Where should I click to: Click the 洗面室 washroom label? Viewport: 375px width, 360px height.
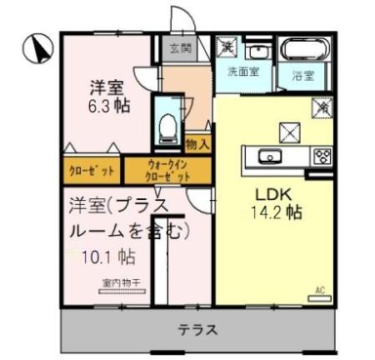(243, 72)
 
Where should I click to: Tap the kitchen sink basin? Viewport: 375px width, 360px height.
(270, 157)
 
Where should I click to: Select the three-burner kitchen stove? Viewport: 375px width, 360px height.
(321, 156)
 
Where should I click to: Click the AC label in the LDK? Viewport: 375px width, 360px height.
(318, 290)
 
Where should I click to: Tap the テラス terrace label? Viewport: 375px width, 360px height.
(198, 329)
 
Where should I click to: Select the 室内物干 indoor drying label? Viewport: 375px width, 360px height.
(122, 282)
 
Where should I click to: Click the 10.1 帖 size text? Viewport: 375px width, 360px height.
(111, 253)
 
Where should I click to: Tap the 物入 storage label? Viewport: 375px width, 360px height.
(198, 144)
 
